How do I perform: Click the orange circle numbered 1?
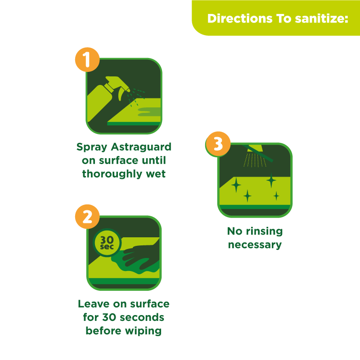click(87, 60)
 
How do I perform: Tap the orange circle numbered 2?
click(87, 217)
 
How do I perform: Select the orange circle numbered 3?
click(218, 144)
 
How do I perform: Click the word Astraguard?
click(141, 147)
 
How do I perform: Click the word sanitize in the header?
click(322, 18)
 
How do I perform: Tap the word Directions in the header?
click(240, 18)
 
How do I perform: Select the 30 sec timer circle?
click(107, 243)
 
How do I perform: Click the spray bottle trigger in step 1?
click(121, 94)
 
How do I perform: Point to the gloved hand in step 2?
click(141, 257)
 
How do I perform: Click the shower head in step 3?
click(255, 149)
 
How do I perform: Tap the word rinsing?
click(264, 231)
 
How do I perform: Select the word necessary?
click(255, 245)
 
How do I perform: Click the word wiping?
click(143, 331)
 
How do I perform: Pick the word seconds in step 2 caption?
click(142, 317)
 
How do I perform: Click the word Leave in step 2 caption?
click(94, 304)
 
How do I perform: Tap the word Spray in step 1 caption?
click(92, 147)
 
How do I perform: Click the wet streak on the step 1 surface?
click(149, 111)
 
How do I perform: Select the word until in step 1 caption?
click(154, 160)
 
